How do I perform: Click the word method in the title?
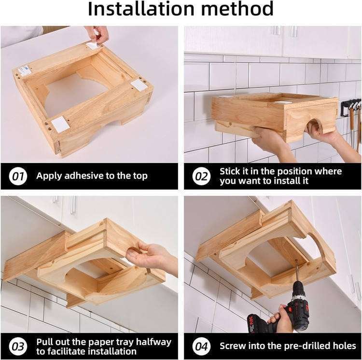(x=237, y=9)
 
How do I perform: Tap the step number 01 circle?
(x=18, y=176)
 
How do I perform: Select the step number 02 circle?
(x=201, y=176)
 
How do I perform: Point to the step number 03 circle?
(x=18, y=346)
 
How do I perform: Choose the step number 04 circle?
(x=201, y=346)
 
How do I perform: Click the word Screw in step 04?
(x=233, y=346)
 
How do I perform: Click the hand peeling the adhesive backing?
(x=97, y=35)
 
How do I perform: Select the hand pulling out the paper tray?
(x=150, y=257)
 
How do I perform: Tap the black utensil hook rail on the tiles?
(x=351, y=107)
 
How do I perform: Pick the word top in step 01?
(x=140, y=176)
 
